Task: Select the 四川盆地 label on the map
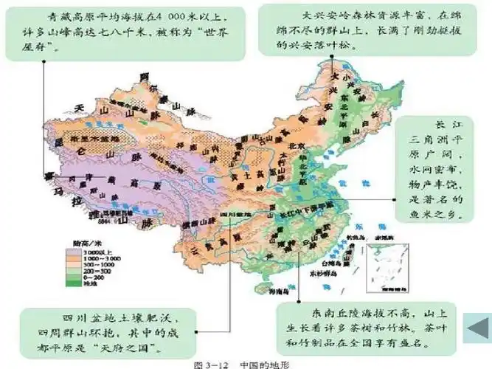coord(235,214)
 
